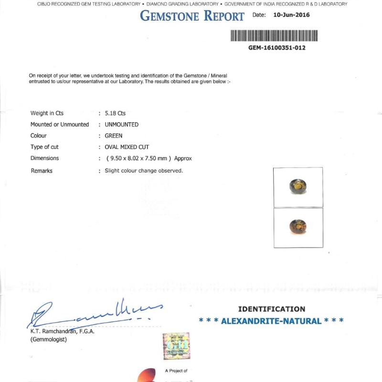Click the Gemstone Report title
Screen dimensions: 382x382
(x=192, y=16)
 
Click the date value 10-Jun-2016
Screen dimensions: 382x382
(x=291, y=15)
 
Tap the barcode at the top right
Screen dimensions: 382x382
(x=274, y=36)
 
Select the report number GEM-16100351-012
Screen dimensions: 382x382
(x=277, y=48)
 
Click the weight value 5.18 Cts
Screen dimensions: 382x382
(x=115, y=113)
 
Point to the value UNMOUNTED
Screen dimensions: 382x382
(x=122, y=125)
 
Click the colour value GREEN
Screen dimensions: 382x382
(x=114, y=136)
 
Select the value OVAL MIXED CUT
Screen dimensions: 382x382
(x=127, y=147)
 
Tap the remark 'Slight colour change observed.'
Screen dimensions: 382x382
(x=144, y=170)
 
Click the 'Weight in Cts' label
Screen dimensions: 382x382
(x=47, y=113)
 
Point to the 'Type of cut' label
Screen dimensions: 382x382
(x=44, y=147)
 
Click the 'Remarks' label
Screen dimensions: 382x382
(x=42, y=170)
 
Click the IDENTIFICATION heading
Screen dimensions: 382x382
(x=271, y=309)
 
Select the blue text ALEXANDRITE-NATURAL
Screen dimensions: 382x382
(x=271, y=321)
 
